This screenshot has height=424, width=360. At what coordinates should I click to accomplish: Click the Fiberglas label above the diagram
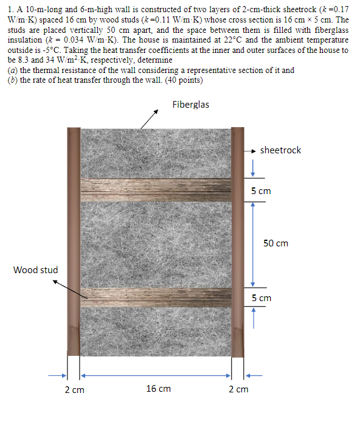click(190, 105)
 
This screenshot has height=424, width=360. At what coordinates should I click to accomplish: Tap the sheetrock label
click(280, 150)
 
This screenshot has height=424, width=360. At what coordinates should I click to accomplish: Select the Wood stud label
click(36, 269)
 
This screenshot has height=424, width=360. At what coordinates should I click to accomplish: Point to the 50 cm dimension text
click(275, 243)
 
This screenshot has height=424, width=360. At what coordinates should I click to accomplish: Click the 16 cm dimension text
click(159, 389)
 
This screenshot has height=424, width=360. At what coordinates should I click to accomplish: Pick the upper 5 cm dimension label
click(261, 191)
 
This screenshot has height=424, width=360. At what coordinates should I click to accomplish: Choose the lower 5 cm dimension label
click(261, 298)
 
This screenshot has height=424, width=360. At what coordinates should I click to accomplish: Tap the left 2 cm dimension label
click(74, 389)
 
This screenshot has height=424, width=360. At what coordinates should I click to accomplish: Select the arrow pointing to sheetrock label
click(250, 150)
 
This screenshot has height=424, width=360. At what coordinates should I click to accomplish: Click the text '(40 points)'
click(182, 80)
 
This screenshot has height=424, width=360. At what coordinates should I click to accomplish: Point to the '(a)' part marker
click(12, 70)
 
